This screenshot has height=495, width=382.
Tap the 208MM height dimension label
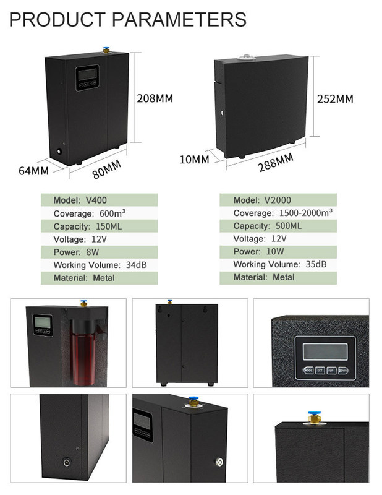pos(155,98)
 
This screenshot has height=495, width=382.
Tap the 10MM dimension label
pos(193,159)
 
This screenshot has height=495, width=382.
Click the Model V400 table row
pos(99,200)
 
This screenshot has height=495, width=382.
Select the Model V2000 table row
pos(278,200)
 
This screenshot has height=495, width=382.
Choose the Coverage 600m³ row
pos(99,213)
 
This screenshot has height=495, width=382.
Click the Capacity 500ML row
pos(278,226)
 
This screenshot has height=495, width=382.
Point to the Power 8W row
pos(99,252)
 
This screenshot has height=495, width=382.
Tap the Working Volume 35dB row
pos(278,265)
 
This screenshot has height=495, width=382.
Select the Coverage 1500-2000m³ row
pos(278,213)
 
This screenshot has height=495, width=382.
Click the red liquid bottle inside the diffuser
pos(80,356)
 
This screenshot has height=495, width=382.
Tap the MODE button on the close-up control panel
pos(307,371)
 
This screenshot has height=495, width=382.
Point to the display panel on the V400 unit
pos(86,77)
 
